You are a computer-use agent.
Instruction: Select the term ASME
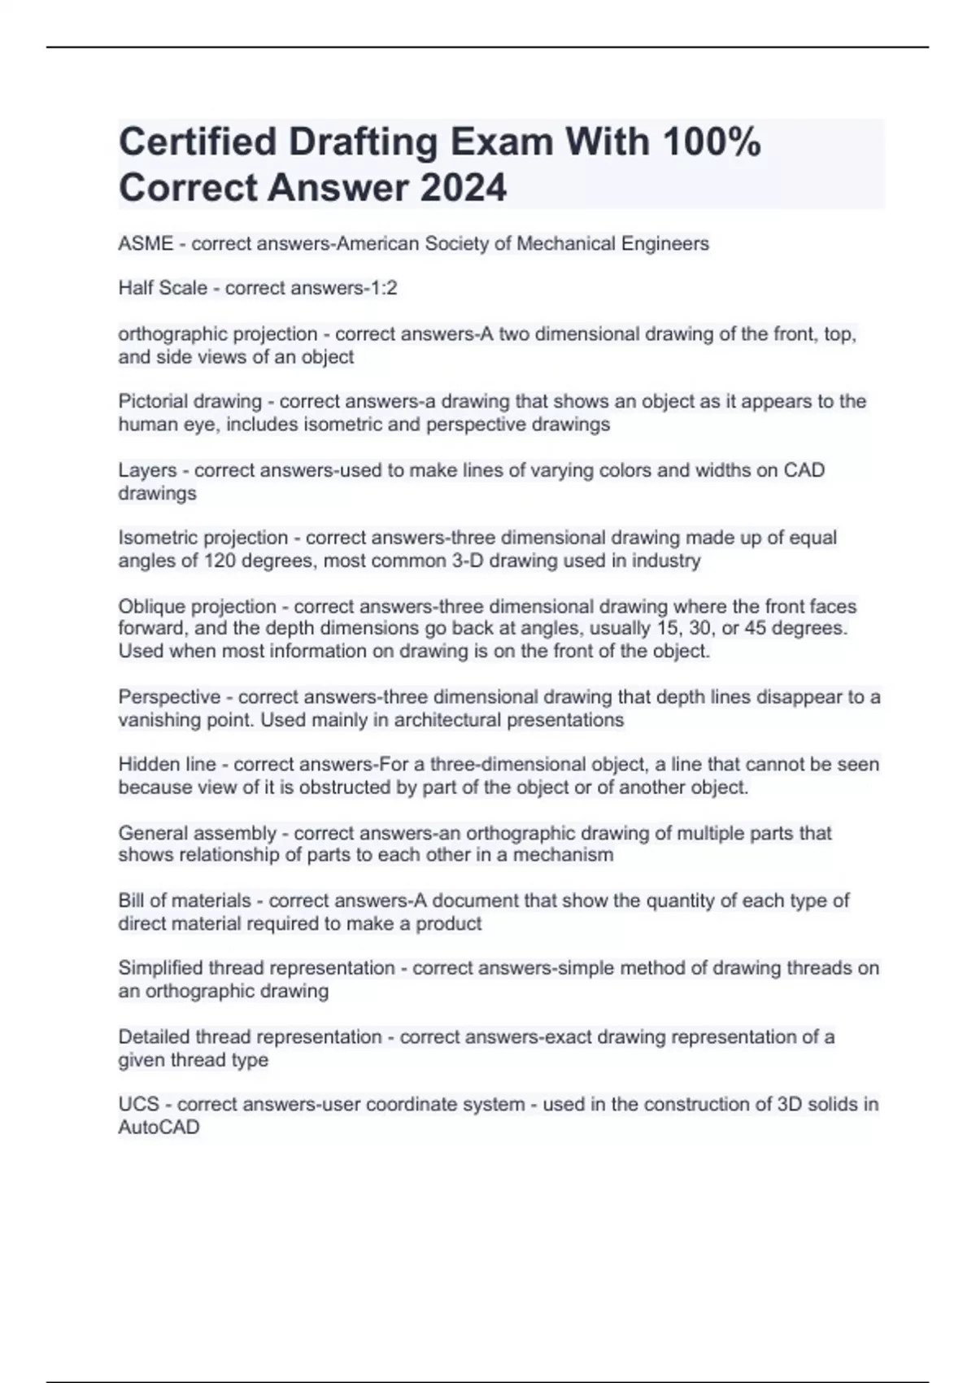[146, 243]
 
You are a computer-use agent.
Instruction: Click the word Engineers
[666, 243]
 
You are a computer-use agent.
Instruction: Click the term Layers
[147, 470]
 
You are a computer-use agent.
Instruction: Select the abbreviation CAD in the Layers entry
[804, 470]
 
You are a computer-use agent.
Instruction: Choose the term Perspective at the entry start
[169, 697]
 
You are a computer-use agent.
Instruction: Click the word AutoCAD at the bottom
[159, 1128]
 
